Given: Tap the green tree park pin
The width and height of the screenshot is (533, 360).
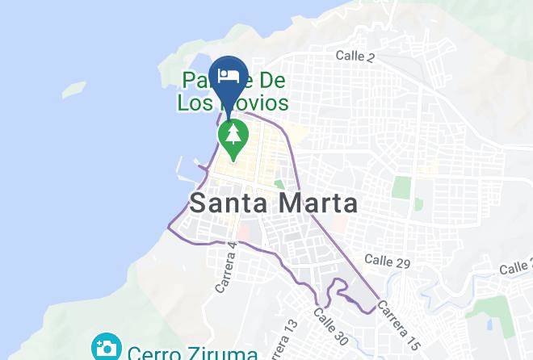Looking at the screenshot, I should [x=233, y=136].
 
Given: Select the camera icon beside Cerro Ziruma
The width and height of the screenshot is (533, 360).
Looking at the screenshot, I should [x=106, y=349].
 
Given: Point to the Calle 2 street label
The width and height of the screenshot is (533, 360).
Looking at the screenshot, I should [x=355, y=57].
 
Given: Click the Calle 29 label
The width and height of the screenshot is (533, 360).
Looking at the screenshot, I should [x=387, y=260].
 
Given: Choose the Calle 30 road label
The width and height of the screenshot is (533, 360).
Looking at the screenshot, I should [x=330, y=327].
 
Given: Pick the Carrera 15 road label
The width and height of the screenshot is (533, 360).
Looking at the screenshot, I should [x=397, y=320].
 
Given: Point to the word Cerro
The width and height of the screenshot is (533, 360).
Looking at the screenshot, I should [x=158, y=353].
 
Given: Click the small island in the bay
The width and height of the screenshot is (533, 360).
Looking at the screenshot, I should [x=73, y=88].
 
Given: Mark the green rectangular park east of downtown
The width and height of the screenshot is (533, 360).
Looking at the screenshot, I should [x=401, y=187].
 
